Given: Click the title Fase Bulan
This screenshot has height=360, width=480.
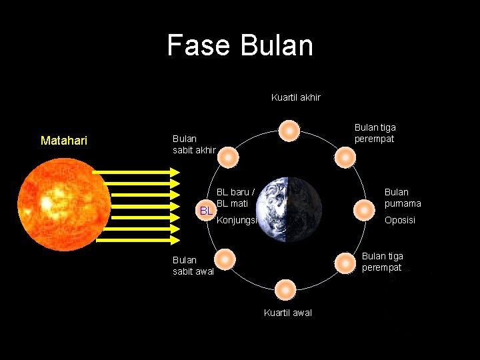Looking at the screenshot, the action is pyautogui.click(x=240, y=45).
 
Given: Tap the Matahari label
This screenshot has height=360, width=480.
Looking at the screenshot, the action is pyautogui.click(x=64, y=141).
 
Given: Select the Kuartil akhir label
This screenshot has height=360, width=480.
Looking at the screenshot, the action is pyautogui.click(x=295, y=97).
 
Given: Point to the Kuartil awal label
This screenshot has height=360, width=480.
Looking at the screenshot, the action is pyautogui.click(x=287, y=313).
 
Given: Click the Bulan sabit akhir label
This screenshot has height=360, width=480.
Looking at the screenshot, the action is pyautogui.click(x=193, y=144).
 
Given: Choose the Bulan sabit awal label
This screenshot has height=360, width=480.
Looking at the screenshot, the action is pyautogui.click(x=193, y=265).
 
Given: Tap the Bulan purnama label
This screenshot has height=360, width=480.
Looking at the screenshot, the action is pyautogui.click(x=402, y=198).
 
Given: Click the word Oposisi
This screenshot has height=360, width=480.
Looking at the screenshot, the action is pyautogui.click(x=399, y=220).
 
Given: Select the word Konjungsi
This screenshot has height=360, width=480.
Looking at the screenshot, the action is pyautogui.click(x=237, y=219).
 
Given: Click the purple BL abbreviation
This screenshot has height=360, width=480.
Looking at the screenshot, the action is pyautogui.click(x=207, y=211).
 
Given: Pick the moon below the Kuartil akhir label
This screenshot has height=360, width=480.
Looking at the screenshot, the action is pyautogui.click(x=289, y=131).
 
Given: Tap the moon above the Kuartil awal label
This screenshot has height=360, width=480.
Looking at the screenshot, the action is pyautogui.click(x=285, y=290).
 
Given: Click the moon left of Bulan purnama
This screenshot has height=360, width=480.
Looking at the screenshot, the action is pyautogui.click(x=363, y=210).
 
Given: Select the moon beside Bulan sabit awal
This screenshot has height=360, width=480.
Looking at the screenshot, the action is pyautogui.click(x=226, y=259).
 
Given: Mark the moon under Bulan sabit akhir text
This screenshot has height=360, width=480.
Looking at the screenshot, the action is pyautogui.click(x=228, y=157).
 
